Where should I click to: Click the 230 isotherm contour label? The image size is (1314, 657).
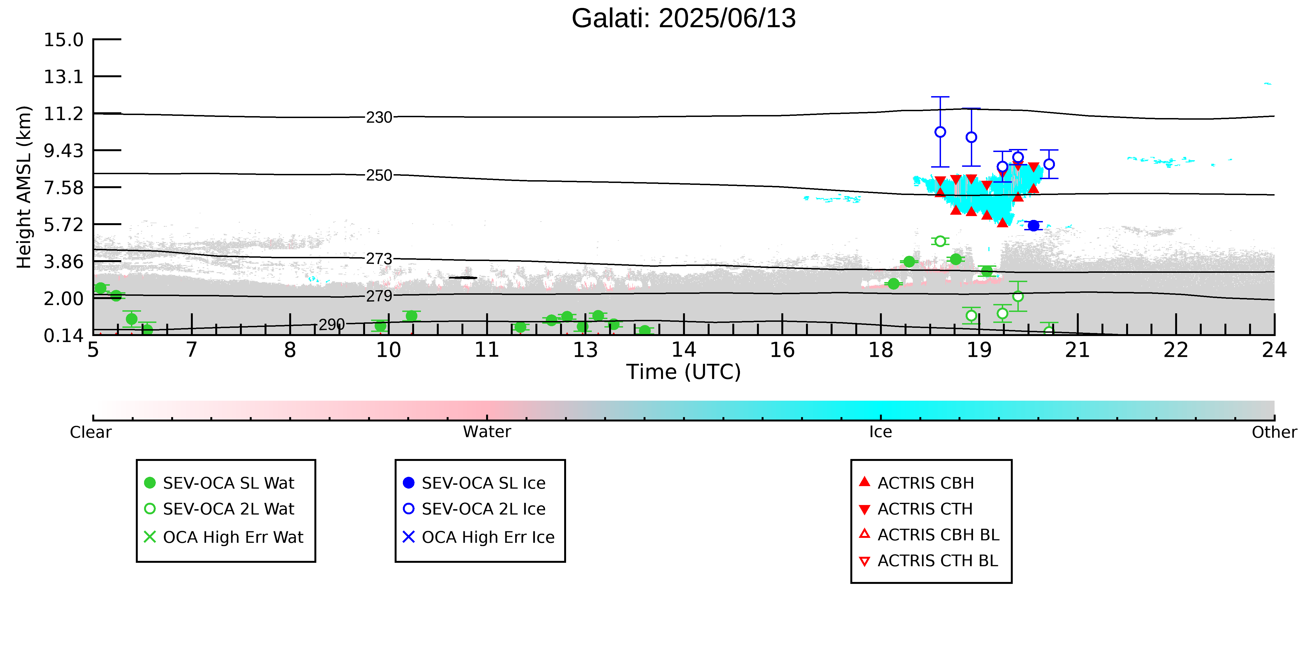[x=379, y=117]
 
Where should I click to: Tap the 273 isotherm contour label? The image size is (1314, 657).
[x=379, y=259]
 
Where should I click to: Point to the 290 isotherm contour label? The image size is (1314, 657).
[x=332, y=325]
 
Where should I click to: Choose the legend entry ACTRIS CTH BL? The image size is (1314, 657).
[x=928, y=561]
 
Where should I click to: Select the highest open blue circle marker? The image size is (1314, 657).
[x=940, y=132]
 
